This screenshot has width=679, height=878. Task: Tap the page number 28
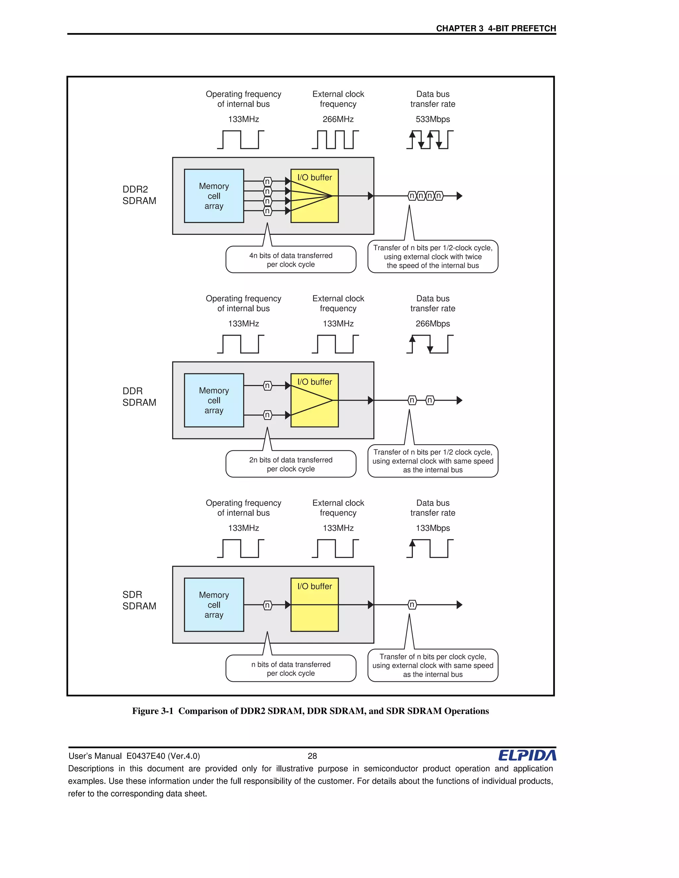[x=312, y=756]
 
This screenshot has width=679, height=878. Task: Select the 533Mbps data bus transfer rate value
[x=433, y=119]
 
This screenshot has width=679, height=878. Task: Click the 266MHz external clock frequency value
[x=338, y=119]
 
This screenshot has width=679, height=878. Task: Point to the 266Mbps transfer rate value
[x=433, y=324]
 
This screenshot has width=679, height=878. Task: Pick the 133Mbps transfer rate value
[x=433, y=528]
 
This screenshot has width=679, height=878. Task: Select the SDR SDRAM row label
[x=139, y=600]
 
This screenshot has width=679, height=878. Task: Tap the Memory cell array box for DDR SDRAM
[x=214, y=401]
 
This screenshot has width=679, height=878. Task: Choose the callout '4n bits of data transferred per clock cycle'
[x=291, y=260]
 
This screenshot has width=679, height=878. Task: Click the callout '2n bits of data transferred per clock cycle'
[x=291, y=464]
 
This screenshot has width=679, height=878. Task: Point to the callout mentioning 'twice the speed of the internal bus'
[x=433, y=256]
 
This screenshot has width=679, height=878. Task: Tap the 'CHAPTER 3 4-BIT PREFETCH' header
[x=496, y=28]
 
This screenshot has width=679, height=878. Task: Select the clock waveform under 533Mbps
[x=430, y=139]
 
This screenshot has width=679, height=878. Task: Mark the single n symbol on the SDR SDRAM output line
[x=412, y=605]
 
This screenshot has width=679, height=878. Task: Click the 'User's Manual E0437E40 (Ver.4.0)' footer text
[x=134, y=756]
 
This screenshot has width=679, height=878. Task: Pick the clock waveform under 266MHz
[x=335, y=139]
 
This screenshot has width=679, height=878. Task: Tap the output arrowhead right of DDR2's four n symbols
[x=460, y=196]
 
